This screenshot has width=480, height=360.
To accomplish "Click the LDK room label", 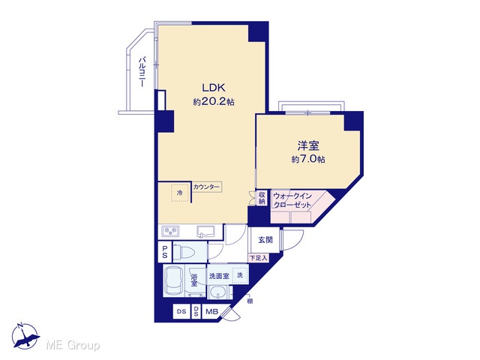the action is pyautogui.click(x=213, y=88).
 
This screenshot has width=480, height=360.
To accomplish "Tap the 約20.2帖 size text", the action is pyautogui.click(x=213, y=102).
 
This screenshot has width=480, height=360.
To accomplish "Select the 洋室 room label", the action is pyautogui.click(x=308, y=145).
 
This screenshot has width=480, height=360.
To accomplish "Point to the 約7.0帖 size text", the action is pyautogui.click(x=308, y=159).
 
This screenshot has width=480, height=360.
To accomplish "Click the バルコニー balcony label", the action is pyautogui.click(x=142, y=72).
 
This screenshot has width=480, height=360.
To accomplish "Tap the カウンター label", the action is pyautogui.click(x=206, y=187).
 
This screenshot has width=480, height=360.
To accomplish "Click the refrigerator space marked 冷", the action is pyautogui.click(x=180, y=193).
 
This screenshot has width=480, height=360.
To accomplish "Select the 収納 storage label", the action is pyautogui.click(x=262, y=198).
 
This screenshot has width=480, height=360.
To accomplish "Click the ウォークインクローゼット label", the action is pyautogui.click(x=292, y=200).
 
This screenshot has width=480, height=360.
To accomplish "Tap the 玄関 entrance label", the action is pyautogui.click(x=265, y=240).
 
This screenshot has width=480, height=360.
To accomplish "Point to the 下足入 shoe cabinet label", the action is pyautogui.click(x=258, y=258).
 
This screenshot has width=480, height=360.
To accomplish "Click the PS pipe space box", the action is pyautogui.click(x=165, y=252).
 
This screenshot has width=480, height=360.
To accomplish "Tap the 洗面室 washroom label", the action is pyautogui.click(x=219, y=276).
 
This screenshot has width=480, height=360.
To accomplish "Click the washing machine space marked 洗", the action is pyautogui.click(x=240, y=275).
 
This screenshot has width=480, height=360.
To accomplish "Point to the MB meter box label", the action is pyautogui.click(x=211, y=312).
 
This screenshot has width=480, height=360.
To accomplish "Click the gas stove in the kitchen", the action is pyautogui.click(x=170, y=232).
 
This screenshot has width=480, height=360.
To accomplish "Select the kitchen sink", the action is pyautogui.click(x=205, y=232).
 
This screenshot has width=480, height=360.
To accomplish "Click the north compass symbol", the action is pyautogui.click(x=25, y=336).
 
